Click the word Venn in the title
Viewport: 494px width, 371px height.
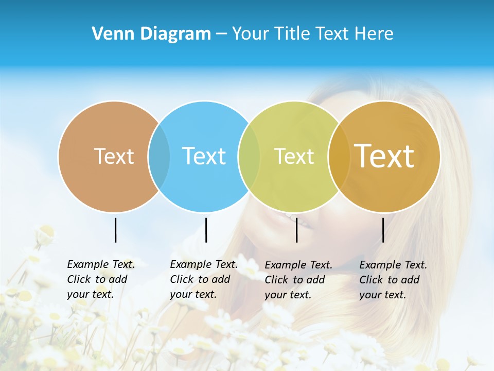pos(109,34)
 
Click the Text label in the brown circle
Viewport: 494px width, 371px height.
pos(114,156)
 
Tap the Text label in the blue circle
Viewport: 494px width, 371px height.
pos(204,156)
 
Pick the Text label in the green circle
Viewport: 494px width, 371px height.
pos(294,156)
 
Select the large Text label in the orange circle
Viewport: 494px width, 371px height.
pos(384,156)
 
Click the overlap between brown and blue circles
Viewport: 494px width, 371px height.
pos(159,157)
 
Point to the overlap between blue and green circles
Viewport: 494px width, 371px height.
pos(249,157)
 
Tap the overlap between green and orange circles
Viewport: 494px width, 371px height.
pos(339,157)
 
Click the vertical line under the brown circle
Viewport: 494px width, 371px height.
pos(116,230)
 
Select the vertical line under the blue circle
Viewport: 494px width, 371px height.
pos(206,230)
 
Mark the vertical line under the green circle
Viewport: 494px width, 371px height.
pos(296,230)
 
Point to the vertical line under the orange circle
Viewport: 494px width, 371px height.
pos(383,230)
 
